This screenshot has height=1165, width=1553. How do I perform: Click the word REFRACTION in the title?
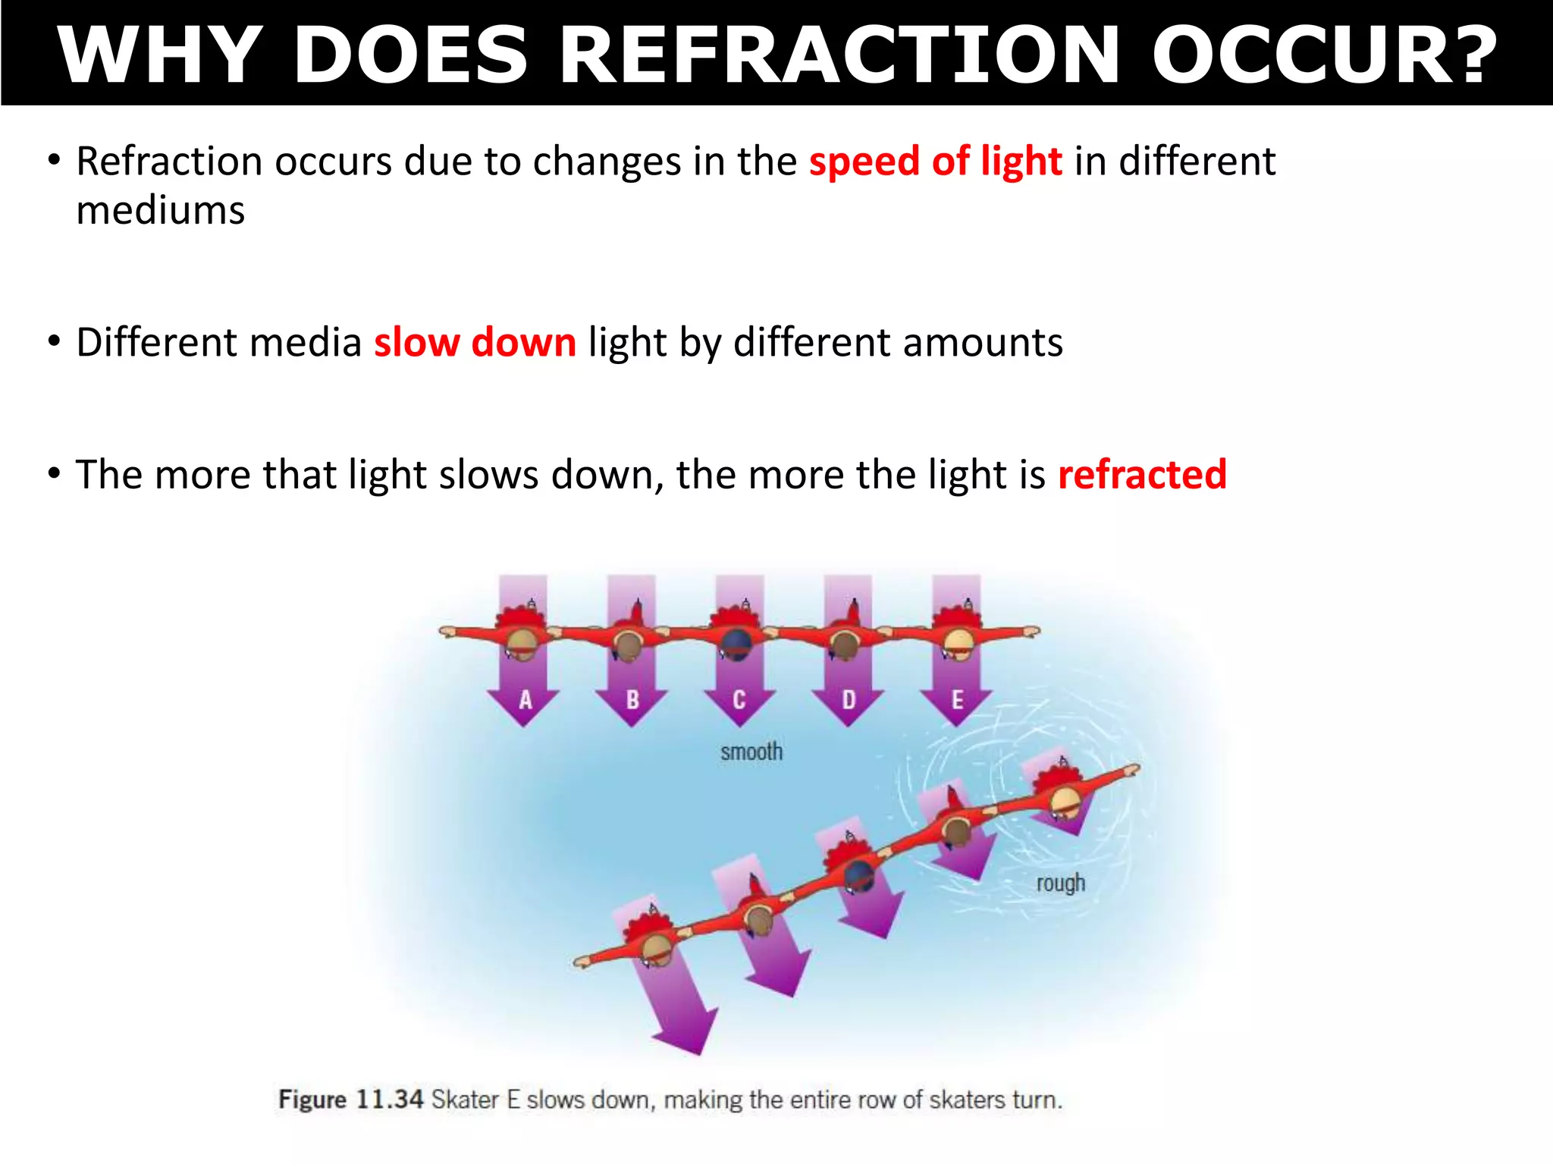pyautogui.click(x=840, y=55)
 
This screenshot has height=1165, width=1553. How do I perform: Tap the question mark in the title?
pyautogui.click(x=1467, y=55)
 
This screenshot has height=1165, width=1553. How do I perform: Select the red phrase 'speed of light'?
pyautogui.click(x=936, y=162)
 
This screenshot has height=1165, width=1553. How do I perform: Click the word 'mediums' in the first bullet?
pyautogui.click(x=161, y=210)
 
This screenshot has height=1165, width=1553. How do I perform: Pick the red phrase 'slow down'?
pyautogui.click(x=475, y=343)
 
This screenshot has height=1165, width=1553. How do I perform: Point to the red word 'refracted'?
pyautogui.click(x=1142, y=475)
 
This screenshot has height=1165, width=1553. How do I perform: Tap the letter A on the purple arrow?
pyautogui.click(x=525, y=699)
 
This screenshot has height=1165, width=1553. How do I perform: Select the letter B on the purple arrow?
pyautogui.click(x=632, y=699)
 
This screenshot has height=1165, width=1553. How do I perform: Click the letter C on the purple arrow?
pyautogui.click(x=739, y=699)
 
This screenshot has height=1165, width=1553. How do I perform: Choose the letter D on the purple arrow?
pyautogui.click(x=849, y=699)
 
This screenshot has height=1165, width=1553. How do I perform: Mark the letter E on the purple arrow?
pyautogui.click(x=957, y=699)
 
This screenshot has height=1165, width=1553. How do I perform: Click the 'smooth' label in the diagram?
pyautogui.click(x=751, y=752)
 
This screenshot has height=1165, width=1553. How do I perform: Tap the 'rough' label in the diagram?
pyautogui.click(x=1060, y=884)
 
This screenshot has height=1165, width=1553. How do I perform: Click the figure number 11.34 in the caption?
pyautogui.click(x=389, y=1099)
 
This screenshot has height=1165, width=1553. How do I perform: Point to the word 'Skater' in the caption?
pyautogui.click(x=465, y=1099)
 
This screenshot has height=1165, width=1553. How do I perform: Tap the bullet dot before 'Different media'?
pyautogui.click(x=53, y=341)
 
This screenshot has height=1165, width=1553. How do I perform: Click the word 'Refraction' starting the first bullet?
pyautogui.click(x=169, y=162)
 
